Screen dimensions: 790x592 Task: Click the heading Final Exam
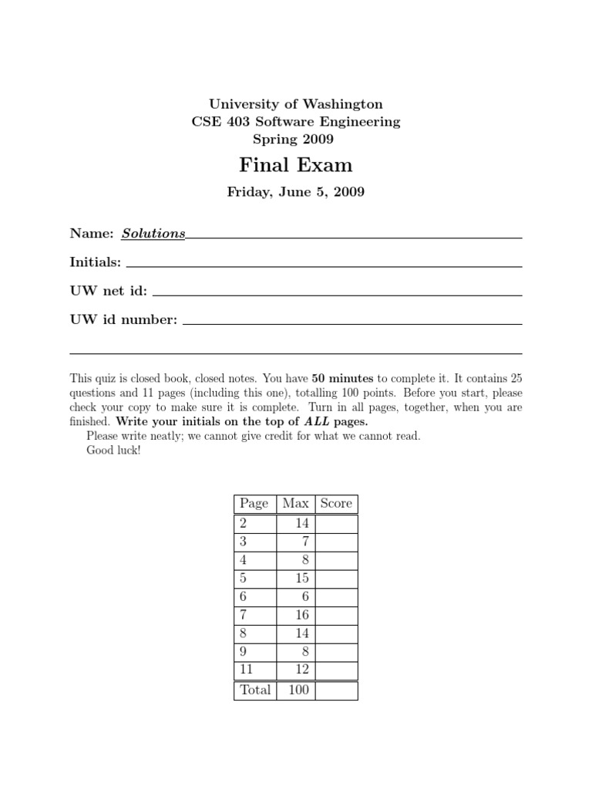[296, 165]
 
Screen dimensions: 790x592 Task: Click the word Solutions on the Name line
[153, 233]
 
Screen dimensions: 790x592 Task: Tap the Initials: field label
[96, 262]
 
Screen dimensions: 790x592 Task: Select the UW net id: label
[109, 292]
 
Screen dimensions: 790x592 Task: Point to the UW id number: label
[123, 319]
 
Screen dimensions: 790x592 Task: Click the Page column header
[254, 504]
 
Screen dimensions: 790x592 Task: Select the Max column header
[295, 504]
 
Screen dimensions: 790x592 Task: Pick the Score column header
[336, 504]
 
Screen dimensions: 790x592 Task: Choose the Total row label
[255, 690]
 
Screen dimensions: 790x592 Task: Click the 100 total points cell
[298, 690]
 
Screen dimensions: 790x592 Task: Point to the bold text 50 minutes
[342, 379]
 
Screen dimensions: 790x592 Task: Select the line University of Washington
[296, 103]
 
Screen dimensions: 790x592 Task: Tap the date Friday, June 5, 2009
[296, 192]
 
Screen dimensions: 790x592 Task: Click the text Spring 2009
[296, 140]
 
